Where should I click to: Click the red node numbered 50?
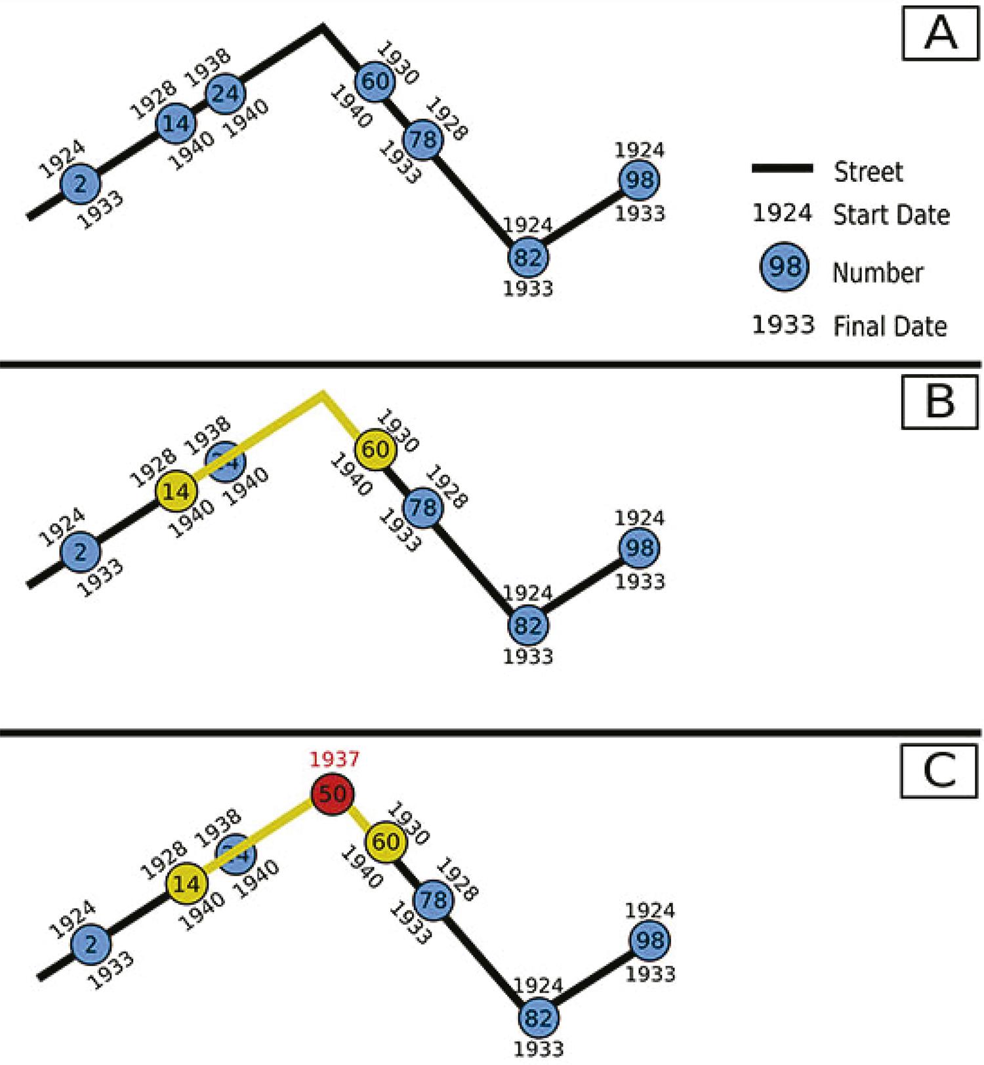332,794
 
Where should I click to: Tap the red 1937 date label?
335,759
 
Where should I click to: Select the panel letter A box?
940,32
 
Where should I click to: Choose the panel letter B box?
940,400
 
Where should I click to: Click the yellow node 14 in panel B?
176,491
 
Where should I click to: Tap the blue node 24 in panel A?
226,93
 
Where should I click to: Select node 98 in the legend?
785,266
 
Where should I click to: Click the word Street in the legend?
868,171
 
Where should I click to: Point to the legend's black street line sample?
782,169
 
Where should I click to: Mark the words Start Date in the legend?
891,215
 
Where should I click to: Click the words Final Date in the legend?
890,326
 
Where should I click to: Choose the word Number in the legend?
878,272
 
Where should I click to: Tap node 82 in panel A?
528,257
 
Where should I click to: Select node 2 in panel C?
91,944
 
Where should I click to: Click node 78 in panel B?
423,507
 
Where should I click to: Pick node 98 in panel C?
650,940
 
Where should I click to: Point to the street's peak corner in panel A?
322,26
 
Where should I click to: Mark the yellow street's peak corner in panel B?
322,394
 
